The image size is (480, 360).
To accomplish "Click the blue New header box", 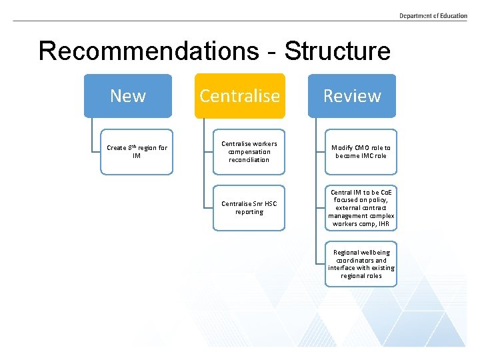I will click(x=127, y=96).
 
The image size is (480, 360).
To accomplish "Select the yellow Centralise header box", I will click(x=239, y=96).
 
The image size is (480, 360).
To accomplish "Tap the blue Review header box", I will click(x=351, y=96).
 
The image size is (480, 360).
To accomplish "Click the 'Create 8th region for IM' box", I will click(x=137, y=152).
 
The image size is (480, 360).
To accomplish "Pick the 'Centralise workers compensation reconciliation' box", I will click(x=249, y=152).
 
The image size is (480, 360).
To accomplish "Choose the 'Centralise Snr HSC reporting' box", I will click(x=249, y=208).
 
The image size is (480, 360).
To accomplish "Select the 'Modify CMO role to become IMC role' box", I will click(x=361, y=152).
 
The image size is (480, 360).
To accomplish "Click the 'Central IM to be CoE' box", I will click(x=361, y=208).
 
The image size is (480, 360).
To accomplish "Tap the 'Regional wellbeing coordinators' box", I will click(x=361, y=264).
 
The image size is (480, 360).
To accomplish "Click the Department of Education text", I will click(x=433, y=16).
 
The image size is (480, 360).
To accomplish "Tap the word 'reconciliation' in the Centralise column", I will click(x=249, y=160).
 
